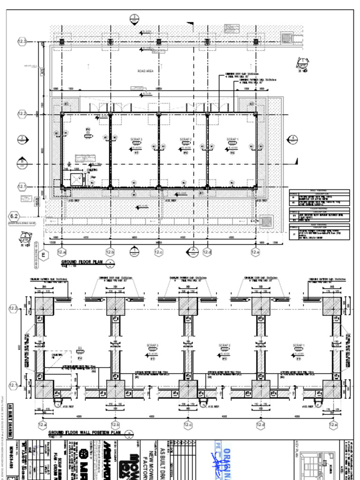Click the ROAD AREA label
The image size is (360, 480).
pyautogui.click(x=146, y=71)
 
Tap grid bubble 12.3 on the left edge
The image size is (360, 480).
pyautogui.click(x=22, y=41)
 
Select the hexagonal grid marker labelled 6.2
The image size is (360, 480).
pyautogui.click(x=15, y=216)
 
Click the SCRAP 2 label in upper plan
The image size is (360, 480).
pyautogui.click(x=186, y=139)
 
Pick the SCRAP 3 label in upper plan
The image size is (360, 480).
pyautogui.click(x=136, y=139)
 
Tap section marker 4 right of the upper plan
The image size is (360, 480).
pyautogui.click(x=293, y=138)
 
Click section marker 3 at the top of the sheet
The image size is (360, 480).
pyautogui.click(x=135, y=19)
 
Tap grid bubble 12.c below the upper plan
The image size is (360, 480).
pyautogui.click(x=159, y=253)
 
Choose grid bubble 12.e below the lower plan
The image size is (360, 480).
pyautogui.click(x=333, y=425)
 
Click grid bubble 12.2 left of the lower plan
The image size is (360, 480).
pyautogui.click(x=14, y=308)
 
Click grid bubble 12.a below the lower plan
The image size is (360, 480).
pyautogui.click(x=43, y=425)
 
